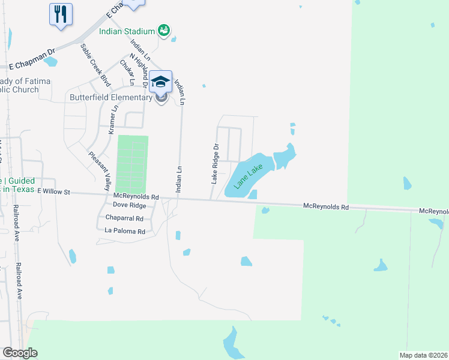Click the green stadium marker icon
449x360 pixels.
tap(163, 29)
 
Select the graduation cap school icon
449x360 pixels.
tap(160, 81)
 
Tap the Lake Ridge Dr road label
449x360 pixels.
tap(214, 163)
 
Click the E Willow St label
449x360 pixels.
tap(53, 192)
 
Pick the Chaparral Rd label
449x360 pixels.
tap(124, 218)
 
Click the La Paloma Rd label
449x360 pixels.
tap(125, 231)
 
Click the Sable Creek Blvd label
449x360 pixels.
tap(96, 62)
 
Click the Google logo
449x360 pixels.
tap(20, 352)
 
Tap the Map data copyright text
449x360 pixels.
tap(423, 355)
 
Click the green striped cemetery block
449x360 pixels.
tap(131, 164)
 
